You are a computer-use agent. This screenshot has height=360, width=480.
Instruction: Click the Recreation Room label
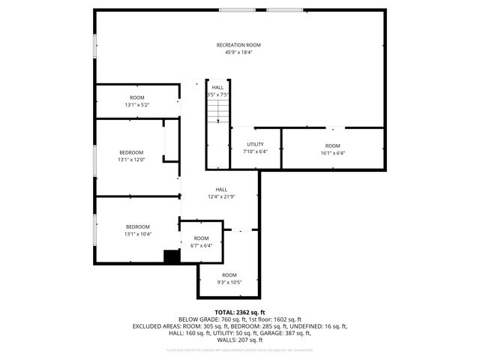[238, 45]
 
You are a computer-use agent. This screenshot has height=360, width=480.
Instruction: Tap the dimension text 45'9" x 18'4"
[238, 52]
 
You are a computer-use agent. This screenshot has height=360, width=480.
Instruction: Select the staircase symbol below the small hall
[217, 112]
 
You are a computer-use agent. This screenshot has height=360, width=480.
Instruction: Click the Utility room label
[255, 144]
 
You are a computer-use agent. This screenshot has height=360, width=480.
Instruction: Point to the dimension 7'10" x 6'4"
[255, 151]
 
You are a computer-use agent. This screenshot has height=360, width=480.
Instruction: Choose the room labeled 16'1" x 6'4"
[332, 149]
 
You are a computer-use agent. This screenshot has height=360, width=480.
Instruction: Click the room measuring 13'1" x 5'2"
[136, 101]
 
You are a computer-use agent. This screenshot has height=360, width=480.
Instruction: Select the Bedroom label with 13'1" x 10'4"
[137, 226]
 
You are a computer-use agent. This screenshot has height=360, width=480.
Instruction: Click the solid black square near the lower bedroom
[172, 256]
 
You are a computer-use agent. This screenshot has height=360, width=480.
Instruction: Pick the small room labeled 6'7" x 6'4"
[201, 241]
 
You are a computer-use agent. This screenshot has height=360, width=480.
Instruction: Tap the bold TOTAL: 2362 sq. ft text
[240, 312]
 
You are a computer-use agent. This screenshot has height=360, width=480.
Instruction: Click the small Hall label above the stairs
[217, 88]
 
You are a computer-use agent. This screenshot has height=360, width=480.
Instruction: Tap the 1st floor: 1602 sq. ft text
[272, 319]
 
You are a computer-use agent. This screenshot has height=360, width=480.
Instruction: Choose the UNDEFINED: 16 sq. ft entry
[313, 327]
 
